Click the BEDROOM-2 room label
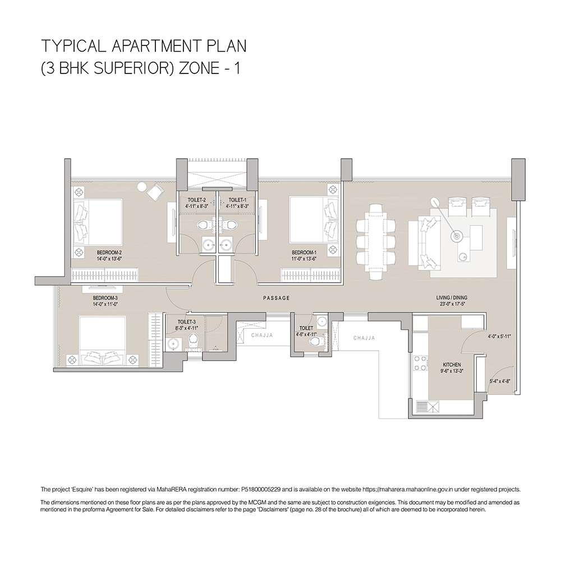coord(109,252)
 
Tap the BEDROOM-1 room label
coord(304,252)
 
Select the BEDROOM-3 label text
coord(105,298)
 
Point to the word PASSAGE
coord(276,298)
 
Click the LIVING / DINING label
coord(452,298)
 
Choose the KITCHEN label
coord(452,365)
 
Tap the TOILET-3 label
coord(187,321)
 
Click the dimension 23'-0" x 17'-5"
coord(452,304)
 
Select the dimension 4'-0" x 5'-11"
coord(499,337)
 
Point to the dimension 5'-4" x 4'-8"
coord(500,381)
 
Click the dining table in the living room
coord(376,242)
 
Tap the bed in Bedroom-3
coord(103,341)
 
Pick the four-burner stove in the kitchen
coord(420,363)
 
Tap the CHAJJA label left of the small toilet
coord(262,335)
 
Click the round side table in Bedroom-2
coord(142,187)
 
